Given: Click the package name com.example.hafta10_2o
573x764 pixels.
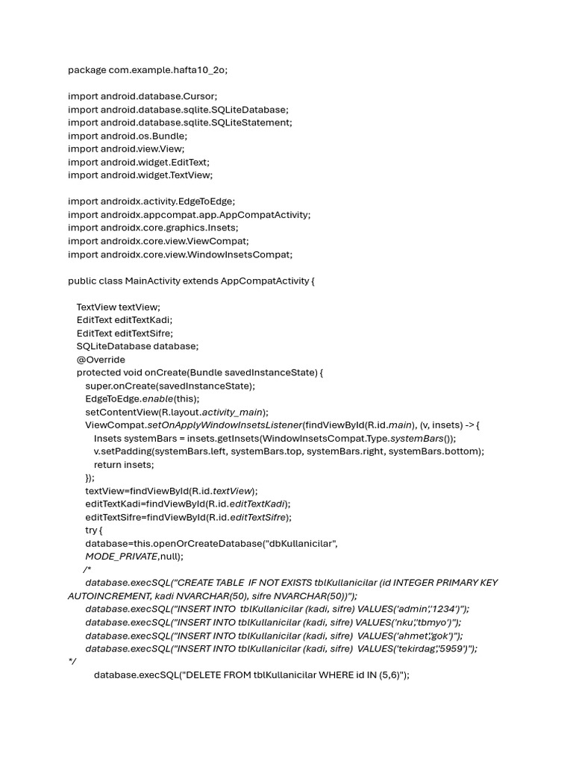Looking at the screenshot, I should [x=169, y=70].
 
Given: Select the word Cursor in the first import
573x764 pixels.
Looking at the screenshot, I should [x=201, y=96].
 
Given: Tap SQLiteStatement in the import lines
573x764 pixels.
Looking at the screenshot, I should [x=253, y=122].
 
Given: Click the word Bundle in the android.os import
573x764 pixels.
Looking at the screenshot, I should [x=171, y=136].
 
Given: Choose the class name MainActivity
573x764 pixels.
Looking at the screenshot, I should [x=154, y=281].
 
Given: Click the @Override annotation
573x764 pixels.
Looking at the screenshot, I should [x=101, y=360].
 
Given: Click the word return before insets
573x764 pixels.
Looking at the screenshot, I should [x=107, y=465].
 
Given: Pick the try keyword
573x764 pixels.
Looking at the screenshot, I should [x=92, y=530].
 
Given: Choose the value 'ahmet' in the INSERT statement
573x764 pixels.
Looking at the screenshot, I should [x=414, y=636].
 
